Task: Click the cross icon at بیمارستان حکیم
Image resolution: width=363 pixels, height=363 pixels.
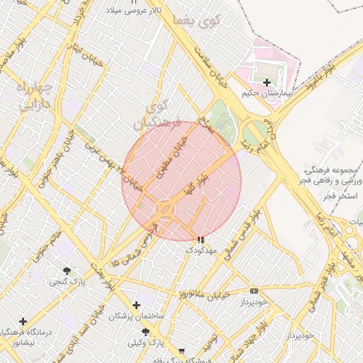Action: (x=267, y=83)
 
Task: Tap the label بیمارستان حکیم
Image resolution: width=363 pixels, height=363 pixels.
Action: (x=267, y=93)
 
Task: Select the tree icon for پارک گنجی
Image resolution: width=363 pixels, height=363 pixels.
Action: (x=67, y=271)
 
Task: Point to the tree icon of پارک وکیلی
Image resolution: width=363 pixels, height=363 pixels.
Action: (x=145, y=332)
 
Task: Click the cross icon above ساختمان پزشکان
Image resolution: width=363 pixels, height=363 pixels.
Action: (x=136, y=305)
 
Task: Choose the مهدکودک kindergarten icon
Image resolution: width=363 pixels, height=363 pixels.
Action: (x=200, y=240)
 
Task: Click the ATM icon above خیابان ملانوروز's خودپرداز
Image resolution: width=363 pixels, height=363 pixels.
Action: (x=254, y=291)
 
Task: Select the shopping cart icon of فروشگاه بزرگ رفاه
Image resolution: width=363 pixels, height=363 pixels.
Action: (x=182, y=351)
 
